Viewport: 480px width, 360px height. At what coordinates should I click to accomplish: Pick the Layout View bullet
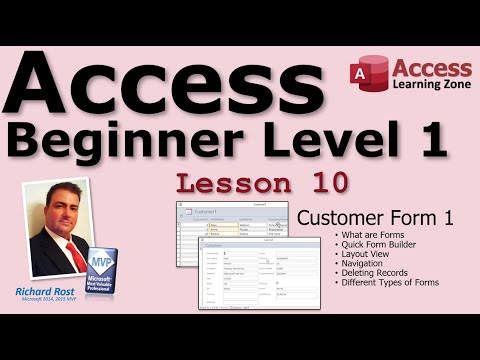pyautogui.click(x=366, y=254)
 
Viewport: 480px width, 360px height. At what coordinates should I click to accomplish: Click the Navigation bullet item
pyautogui.click(x=364, y=264)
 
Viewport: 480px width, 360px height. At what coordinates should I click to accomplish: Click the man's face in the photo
pyautogui.click(x=62, y=216)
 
